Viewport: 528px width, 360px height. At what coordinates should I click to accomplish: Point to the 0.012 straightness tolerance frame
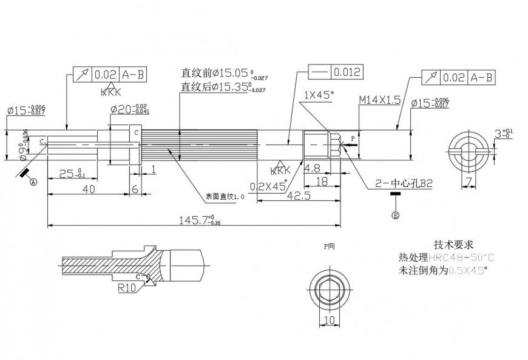pyautogui.click(x=339, y=72)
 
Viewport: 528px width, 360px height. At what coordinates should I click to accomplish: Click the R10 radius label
pyautogui.click(x=126, y=289)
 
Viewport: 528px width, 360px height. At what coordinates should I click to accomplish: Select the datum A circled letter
pyautogui.click(x=33, y=182)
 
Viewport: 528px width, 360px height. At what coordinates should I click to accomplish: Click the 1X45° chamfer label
pyautogui.click(x=319, y=95)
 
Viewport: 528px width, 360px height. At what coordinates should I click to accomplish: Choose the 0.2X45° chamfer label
pyautogui.click(x=268, y=186)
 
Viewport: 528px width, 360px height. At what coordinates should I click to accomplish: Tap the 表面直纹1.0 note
pyautogui.click(x=224, y=197)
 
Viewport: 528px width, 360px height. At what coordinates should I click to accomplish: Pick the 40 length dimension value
pyautogui.click(x=88, y=189)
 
